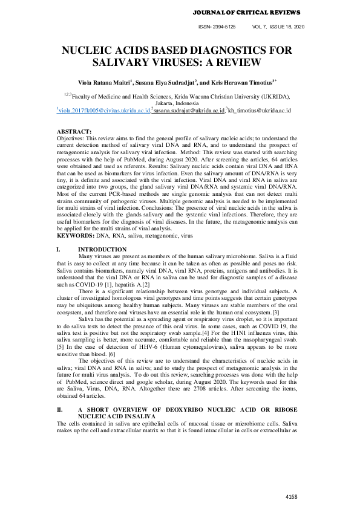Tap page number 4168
[x=292, y=496]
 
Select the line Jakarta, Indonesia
[x=180, y=103]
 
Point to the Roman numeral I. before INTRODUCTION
[x=58, y=250]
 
